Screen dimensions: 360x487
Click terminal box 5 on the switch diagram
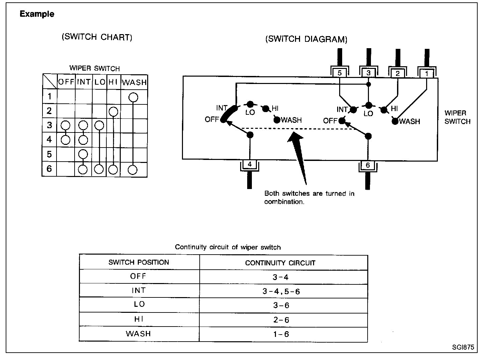[x=339, y=72]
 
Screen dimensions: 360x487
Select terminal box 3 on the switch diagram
[x=368, y=73]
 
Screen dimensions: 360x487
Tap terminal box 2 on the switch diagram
[x=397, y=73]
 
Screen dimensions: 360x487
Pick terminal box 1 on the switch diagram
[x=426, y=73]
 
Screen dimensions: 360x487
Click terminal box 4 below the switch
[x=250, y=164]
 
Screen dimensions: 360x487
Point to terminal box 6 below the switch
[x=368, y=165]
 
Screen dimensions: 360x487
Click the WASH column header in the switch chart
[x=134, y=82]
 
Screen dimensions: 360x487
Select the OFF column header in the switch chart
[x=66, y=82]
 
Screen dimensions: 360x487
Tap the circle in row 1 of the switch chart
[x=133, y=97]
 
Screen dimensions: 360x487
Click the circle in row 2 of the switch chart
[x=113, y=111]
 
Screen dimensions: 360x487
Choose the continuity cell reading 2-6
[x=281, y=320]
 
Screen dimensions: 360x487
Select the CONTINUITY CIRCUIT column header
[x=280, y=263]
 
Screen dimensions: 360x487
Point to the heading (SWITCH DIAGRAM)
[x=306, y=39]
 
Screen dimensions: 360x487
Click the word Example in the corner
[x=37, y=14]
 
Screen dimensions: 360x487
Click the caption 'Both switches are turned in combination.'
[x=309, y=197]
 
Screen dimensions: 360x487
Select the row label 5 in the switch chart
[x=50, y=154]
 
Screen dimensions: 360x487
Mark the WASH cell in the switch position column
[x=138, y=334]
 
